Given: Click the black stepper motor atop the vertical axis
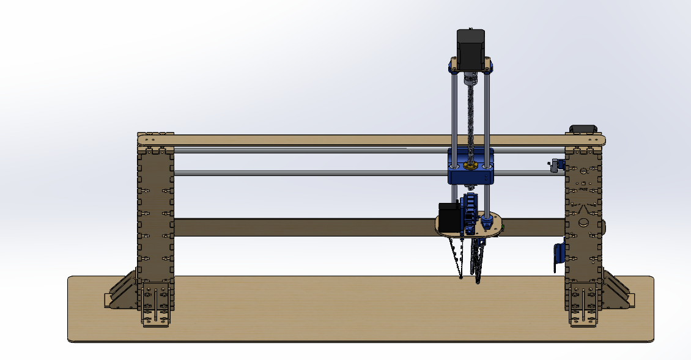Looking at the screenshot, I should pyautogui.click(x=471, y=48).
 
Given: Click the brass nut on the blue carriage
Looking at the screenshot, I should pyautogui.click(x=471, y=165).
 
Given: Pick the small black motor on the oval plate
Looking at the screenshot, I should pyautogui.click(x=449, y=216).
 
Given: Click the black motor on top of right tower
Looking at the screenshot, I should pyautogui.click(x=583, y=128).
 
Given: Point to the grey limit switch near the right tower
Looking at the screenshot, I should pyautogui.click(x=555, y=166).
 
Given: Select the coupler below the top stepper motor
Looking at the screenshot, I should pyautogui.click(x=471, y=78).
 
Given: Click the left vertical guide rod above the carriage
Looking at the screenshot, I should pyautogui.click(x=454, y=110).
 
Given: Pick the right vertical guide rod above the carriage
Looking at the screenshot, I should pyautogui.click(x=487, y=110).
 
